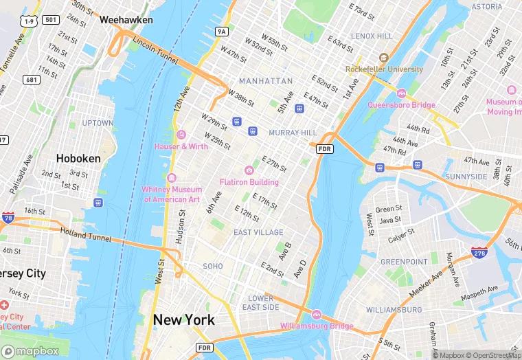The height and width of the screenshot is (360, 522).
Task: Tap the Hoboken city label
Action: (x=78, y=158)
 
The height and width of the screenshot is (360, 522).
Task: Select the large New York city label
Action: (x=183, y=319)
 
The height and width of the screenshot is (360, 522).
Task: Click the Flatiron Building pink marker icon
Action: (x=249, y=170)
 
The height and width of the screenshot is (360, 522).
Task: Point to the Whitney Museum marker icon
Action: (x=172, y=178)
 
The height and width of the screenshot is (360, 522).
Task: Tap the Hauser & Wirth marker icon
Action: (x=181, y=134)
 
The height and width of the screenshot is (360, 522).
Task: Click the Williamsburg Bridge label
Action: (x=317, y=326)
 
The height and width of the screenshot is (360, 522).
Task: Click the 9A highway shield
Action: (x=221, y=32)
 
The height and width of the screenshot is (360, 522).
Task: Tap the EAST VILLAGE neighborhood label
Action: (x=258, y=232)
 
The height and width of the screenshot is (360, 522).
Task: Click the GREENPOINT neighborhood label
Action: (x=405, y=262)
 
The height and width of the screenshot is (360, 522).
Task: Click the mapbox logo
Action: (x=31, y=350)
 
